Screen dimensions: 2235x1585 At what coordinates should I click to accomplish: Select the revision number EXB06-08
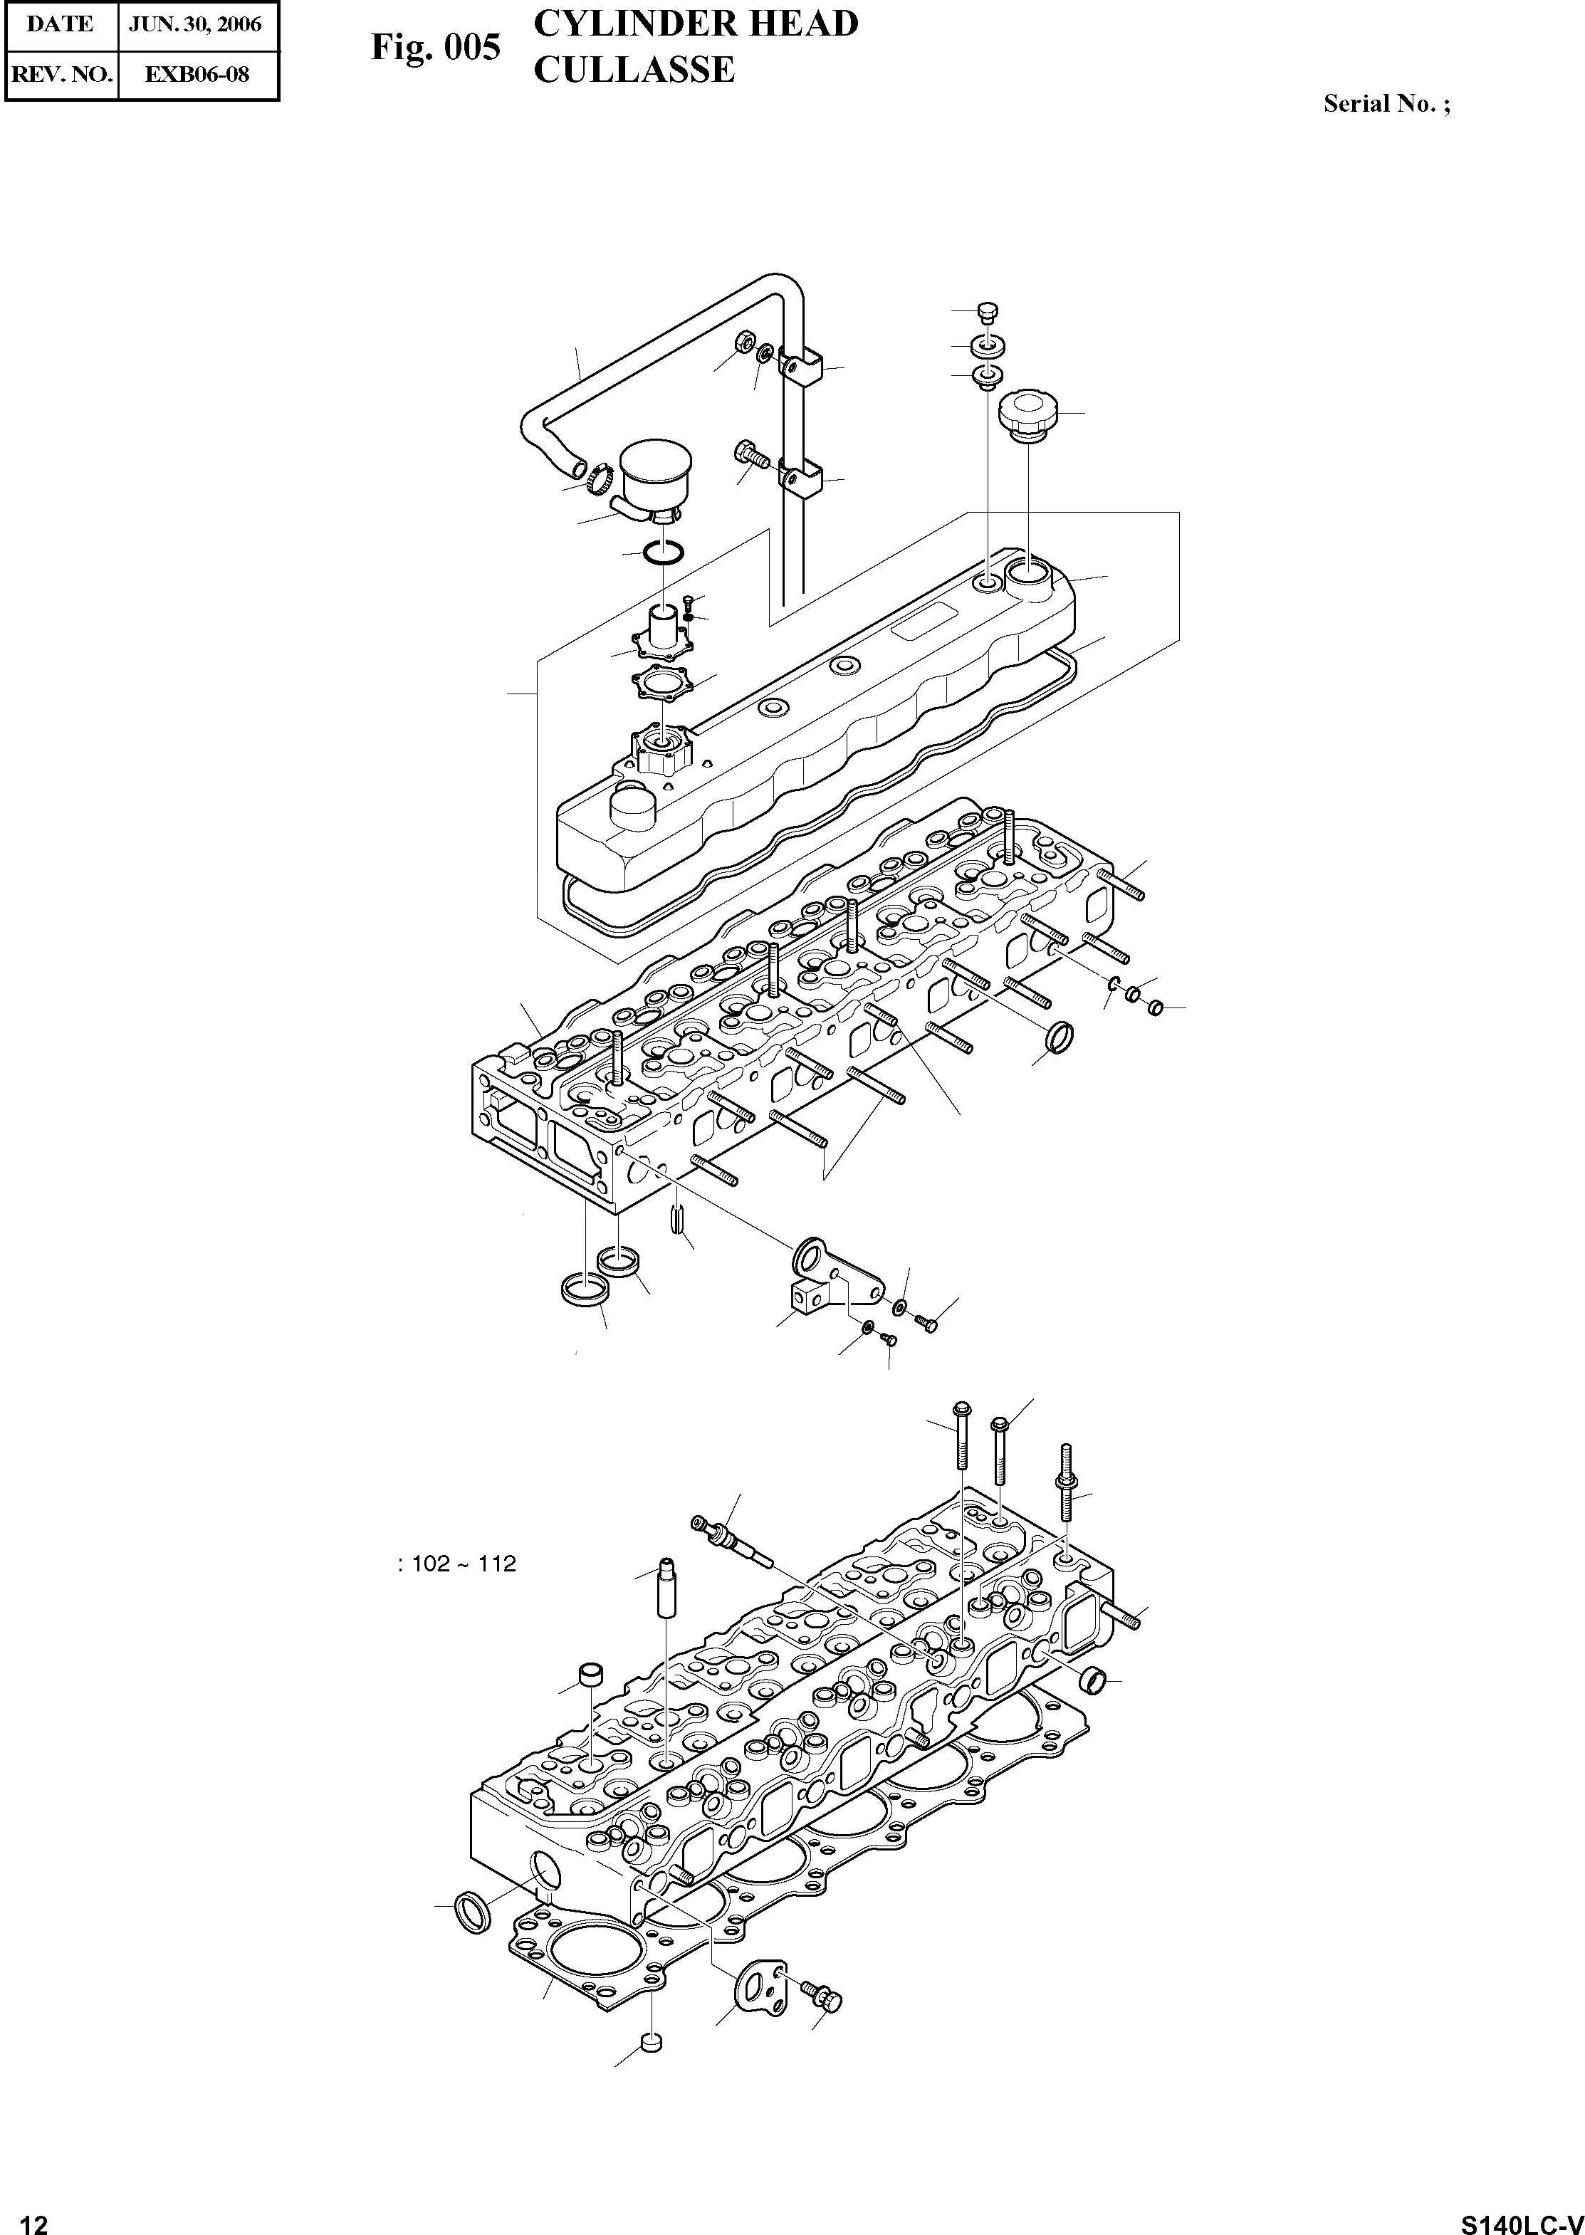(197, 73)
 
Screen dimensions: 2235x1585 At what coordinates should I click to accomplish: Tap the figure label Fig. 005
(435, 47)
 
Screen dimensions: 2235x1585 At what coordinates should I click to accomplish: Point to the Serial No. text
(1386, 103)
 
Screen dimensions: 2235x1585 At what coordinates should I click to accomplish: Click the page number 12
(33, 2217)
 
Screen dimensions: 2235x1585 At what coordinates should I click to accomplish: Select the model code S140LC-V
(1522, 2217)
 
